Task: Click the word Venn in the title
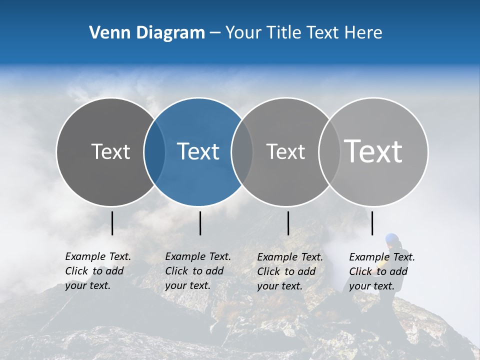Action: pyautogui.click(x=105, y=33)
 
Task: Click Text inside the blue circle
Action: pyautogui.click(x=198, y=151)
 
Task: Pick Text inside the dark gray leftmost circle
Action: pyautogui.click(x=110, y=151)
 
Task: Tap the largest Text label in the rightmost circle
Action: pyautogui.click(x=373, y=151)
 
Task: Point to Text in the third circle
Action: pyautogui.click(x=285, y=151)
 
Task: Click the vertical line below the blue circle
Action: pyautogui.click(x=200, y=223)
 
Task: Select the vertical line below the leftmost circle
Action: pyautogui.click(x=112, y=223)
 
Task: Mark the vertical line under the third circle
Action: pyautogui.click(x=288, y=223)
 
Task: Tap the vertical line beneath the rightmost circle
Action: pyautogui.click(x=372, y=223)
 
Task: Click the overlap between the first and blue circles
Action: pyautogui.click(x=154, y=152)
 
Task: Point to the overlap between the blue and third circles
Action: pyautogui.click(x=242, y=152)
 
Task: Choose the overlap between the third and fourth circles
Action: pyautogui.click(x=329, y=152)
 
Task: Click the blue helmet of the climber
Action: pyautogui.click(x=392, y=239)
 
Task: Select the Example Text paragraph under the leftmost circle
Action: pyautogui.click(x=98, y=271)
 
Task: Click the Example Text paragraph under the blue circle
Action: pyautogui.click(x=198, y=271)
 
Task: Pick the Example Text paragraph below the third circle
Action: pyautogui.click(x=290, y=271)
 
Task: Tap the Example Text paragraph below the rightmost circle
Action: pyautogui.click(x=382, y=271)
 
